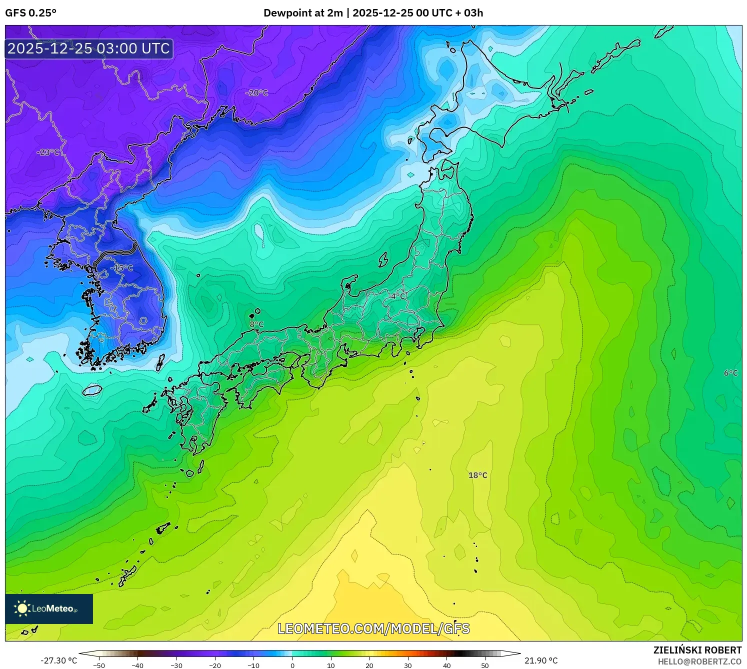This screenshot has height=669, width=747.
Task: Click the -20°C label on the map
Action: (x=256, y=93)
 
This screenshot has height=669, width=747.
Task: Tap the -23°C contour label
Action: (x=48, y=152)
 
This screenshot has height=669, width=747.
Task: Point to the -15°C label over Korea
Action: (x=122, y=268)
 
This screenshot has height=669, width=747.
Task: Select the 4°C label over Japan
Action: (x=398, y=296)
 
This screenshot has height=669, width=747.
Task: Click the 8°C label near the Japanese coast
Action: (x=256, y=324)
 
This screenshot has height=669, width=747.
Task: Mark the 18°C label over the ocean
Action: (x=477, y=475)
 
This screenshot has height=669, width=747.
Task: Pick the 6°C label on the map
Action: (x=730, y=373)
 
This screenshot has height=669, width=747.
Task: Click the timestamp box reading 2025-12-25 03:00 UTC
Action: (x=89, y=48)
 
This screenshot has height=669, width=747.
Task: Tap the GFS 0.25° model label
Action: (x=31, y=13)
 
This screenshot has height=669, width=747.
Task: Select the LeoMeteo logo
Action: (x=49, y=608)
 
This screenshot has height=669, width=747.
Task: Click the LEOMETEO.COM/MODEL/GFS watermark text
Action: (x=373, y=628)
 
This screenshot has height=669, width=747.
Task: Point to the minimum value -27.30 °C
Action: (x=59, y=660)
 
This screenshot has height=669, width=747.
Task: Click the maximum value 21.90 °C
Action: (x=541, y=660)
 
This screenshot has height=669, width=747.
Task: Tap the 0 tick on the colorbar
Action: (x=292, y=665)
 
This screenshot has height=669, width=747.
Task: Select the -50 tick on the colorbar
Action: (x=99, y=665)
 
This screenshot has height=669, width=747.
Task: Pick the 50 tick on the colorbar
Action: (x=485, y=665)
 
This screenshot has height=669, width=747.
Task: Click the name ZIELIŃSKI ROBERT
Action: (x=697, y=650)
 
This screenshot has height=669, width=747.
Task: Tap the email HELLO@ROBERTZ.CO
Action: (x=699, y=661)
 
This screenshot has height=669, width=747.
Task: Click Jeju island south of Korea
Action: (x=92, y=390)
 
